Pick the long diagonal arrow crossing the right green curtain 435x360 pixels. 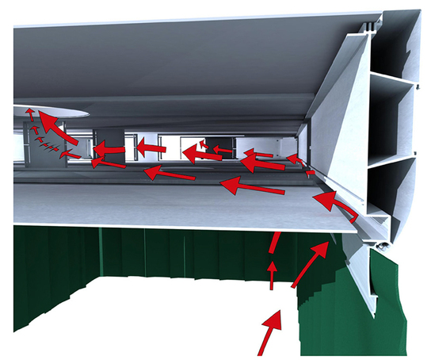pos(310,266)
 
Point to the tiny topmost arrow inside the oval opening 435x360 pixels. pos(29,112)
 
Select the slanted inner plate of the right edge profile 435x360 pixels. pos(341,135)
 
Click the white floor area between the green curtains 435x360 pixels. pos(158,317)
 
